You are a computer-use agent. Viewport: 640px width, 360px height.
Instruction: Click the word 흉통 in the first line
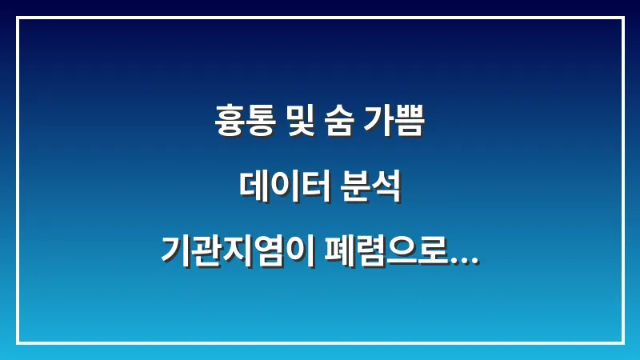[246, 124]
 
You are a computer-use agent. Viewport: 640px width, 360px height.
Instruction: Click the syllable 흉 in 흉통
[231, 124]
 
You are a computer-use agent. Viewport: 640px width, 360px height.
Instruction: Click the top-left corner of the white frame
[18, 18]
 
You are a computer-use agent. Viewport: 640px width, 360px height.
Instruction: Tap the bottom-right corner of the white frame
[622, 342]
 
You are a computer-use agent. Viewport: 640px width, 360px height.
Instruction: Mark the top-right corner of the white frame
[622, 18]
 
